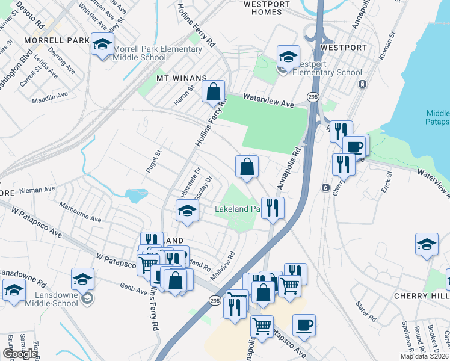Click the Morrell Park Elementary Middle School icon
[x=102, y=45]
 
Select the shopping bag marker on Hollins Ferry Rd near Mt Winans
[x=214, y=93]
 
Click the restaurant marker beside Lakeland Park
[x=273, y=208]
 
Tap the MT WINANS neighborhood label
[x=181, y=78]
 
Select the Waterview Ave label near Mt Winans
[x=269, y=100]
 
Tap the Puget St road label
[x=155, y=161]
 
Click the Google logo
[x=20, y=354]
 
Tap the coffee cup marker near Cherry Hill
[x=304, y=325]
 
